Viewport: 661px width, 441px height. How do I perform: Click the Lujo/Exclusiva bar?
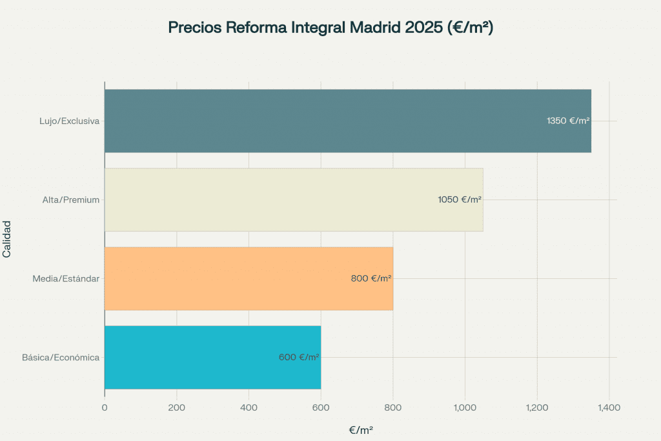click(x=323, y=121)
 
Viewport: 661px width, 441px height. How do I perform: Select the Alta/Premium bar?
click(x=271, y=200)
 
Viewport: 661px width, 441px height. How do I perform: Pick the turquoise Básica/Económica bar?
click(x=194, y=357)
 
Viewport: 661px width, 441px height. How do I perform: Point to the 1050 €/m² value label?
click(x=460, y=200)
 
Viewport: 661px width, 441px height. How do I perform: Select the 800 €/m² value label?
click(x=371, y=278)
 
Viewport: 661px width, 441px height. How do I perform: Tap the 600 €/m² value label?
click(x=299, y=357)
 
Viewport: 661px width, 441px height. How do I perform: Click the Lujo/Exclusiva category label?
click(x=69, y=121)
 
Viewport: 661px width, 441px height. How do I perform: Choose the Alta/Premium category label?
click(x=71, y=200)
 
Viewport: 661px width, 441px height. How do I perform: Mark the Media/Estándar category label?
click(x=66, y=278)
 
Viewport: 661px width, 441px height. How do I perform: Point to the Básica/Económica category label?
click(x=61, y=357)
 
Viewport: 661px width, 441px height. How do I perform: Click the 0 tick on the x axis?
click(x=105, y=407)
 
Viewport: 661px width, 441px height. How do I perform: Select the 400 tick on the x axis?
click(x=249, y=407)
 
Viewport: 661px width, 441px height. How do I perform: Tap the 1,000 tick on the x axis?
click(x=465, y=407)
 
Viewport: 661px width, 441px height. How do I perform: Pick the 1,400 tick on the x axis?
click(x=609, y=407)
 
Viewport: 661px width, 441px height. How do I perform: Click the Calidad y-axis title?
click(x=7, y=239)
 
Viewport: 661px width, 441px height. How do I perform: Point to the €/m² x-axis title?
click(x=361, y=429)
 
